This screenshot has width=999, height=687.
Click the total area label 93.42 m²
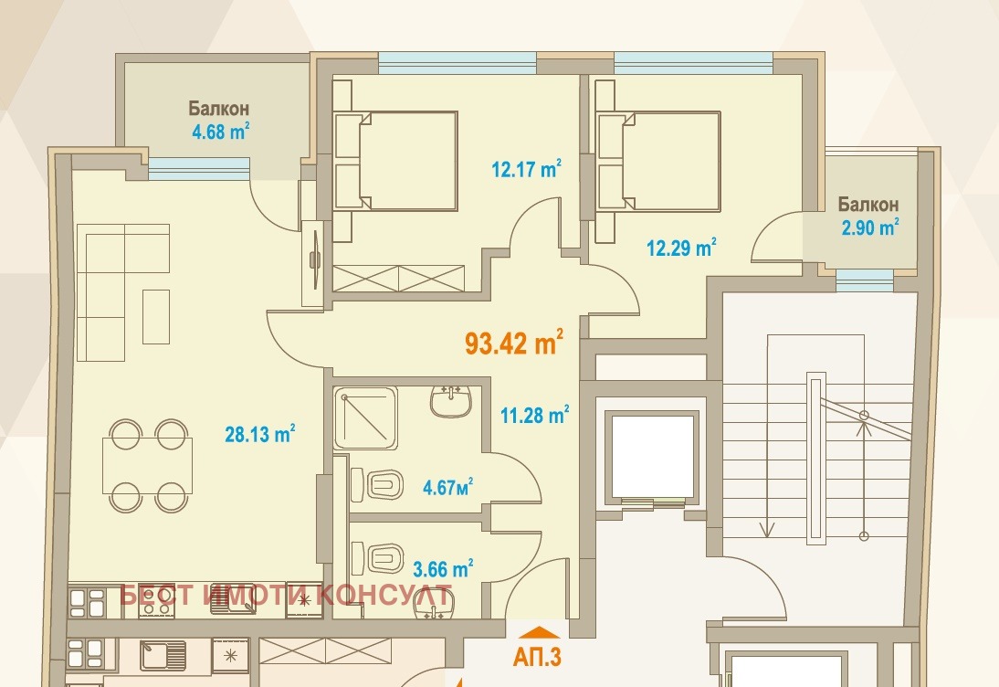tap(514, 343)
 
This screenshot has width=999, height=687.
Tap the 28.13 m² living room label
tap(259, 434)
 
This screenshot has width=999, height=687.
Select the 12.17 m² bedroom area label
tap(526, 169)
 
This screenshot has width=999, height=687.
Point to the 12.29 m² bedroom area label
tap(681, 247)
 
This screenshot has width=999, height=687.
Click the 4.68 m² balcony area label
tap(220, 132)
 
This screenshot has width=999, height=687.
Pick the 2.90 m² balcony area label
tap(870, 227)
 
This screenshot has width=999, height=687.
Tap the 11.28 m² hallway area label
tap(534, 415)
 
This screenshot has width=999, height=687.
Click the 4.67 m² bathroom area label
tap(447, 488)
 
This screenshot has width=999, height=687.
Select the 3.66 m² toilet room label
tap(443, 568)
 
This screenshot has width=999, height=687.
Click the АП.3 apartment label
tap(537, 657)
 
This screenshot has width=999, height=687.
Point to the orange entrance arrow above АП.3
tap(540, 632)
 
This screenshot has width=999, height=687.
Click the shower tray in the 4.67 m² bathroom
tap(365, 417)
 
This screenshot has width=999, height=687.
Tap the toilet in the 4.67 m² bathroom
tap(376, 484)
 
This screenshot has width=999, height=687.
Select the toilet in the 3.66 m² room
tap(377, 558)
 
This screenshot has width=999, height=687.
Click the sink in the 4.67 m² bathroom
tap(450, 401)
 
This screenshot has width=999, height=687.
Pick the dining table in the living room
tap(148, 465)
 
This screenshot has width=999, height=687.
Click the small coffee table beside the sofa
tap(156, 317)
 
